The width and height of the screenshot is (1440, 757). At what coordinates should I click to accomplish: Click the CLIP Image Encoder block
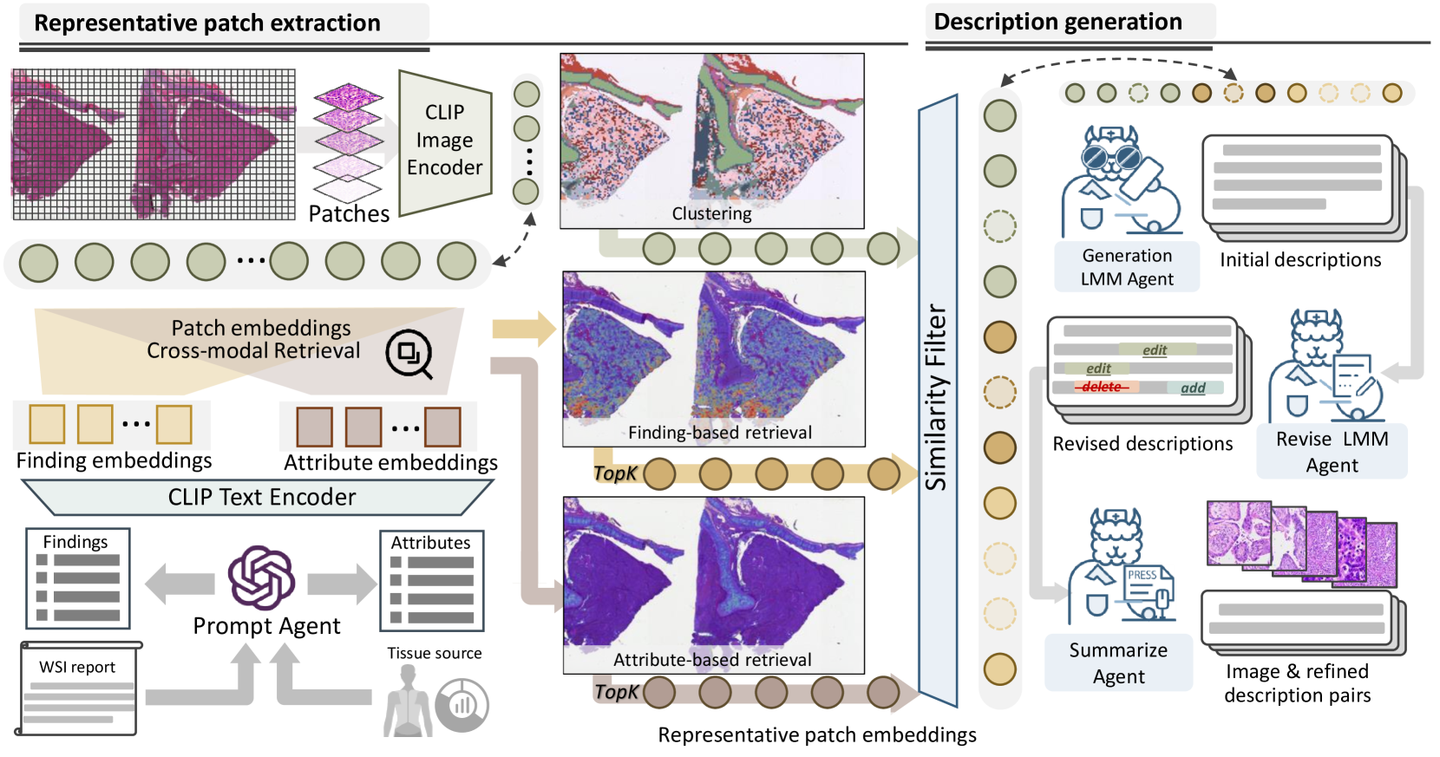[x=444, y=141]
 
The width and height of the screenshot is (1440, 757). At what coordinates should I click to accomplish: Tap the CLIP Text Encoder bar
[x=261, y=497]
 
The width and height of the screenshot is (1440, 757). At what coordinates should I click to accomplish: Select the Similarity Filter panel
[x=938, y=399]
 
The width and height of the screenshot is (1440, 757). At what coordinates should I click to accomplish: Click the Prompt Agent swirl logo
[x=261, y=578]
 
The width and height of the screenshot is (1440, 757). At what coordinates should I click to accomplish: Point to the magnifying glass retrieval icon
[x=409, y=354]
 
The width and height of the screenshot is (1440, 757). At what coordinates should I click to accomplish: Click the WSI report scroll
[x=78, y=688]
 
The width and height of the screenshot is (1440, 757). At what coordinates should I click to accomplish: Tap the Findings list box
[x=77, y=578]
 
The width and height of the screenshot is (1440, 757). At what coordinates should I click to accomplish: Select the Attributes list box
[x=431, y=581]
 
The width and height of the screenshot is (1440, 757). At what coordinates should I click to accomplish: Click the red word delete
[x=1102, y=387]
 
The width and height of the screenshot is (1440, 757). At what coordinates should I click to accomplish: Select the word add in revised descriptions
[x=1193, y=388]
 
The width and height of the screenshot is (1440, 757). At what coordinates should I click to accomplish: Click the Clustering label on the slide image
[x=711, y=213]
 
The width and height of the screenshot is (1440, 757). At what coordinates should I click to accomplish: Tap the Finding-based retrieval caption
[x=719, y=432]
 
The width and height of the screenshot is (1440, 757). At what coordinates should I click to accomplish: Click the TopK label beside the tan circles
[x=615, y=473]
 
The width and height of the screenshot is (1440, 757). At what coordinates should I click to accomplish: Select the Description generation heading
[x=1057, y=22]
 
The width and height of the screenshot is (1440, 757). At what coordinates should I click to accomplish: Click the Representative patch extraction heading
[x=207, y=23]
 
